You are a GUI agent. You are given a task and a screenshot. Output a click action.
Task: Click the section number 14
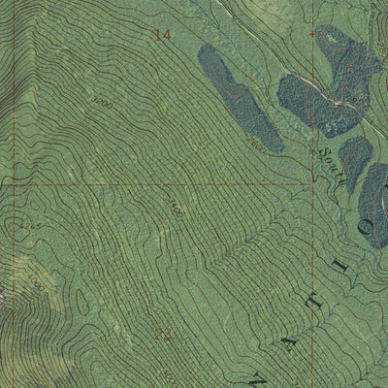162,35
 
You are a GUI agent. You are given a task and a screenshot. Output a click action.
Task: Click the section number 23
162,334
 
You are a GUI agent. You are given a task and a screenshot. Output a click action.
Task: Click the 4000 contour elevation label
37,284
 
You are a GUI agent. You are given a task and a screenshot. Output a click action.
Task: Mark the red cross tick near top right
313,32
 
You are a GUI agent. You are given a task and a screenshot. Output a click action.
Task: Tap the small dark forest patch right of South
354,155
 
